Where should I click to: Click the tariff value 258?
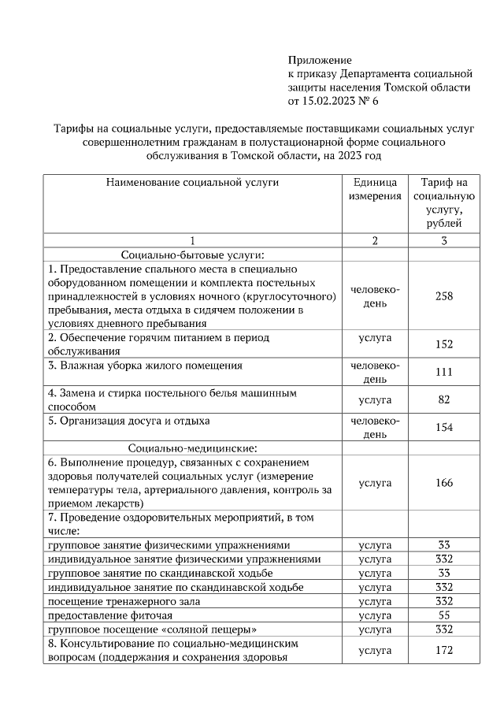(443, 296)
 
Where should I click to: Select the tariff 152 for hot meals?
(443, 344)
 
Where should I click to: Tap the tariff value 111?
(443, 372)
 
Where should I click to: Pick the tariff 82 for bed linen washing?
(443, 399)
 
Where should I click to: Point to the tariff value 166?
(443, 483)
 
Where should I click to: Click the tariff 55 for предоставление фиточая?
(443, 615)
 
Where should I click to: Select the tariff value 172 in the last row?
(443, 651)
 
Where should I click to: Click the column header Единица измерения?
(375, 188)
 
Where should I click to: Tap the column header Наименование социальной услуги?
(192, 182)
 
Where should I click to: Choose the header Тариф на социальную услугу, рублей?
(443, 202)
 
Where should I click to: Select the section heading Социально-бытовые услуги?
(191, 254)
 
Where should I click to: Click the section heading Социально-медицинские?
(191, 447)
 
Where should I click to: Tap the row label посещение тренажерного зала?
(124, 601)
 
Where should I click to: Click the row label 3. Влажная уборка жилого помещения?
(145, 366)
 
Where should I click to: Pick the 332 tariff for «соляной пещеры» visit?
(443, 629)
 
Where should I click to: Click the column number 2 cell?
(375, 240)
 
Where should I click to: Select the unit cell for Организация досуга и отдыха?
(375, 427)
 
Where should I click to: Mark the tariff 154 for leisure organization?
(443, 427)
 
